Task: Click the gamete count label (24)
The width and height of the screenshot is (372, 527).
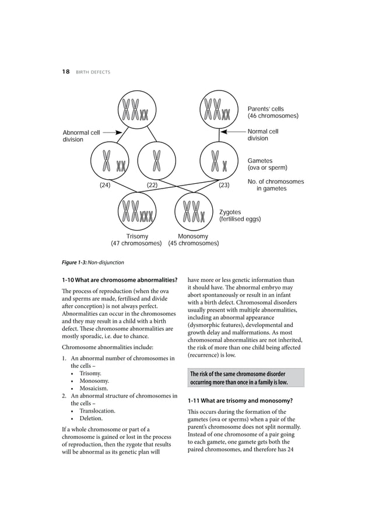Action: [104, 186]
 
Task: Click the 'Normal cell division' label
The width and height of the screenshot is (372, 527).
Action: [263, 135]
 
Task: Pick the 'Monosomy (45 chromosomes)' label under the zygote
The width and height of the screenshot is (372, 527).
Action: [193, 240]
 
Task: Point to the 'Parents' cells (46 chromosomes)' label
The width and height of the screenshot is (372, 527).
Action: [273, 113]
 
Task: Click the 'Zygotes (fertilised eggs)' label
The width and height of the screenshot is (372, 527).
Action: [240, 216]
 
